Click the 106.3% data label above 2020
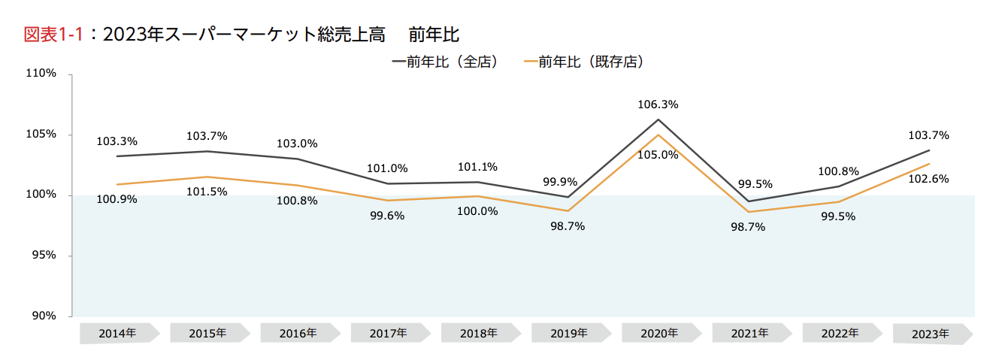point(659,105)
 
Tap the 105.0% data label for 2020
point(659,156)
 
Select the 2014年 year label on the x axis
point(117,333)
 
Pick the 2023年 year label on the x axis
point(931,334)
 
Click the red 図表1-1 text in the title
point(53,35)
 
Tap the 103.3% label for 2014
point(117,141)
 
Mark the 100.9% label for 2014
point(117,200)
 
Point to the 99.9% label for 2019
point(560,182)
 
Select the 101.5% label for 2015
point(207,192)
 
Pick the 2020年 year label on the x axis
point(659,333)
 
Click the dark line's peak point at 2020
point(659,119)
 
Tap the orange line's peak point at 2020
point(659,135)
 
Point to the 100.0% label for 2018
point(477,211)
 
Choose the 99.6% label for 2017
point(387,216)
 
